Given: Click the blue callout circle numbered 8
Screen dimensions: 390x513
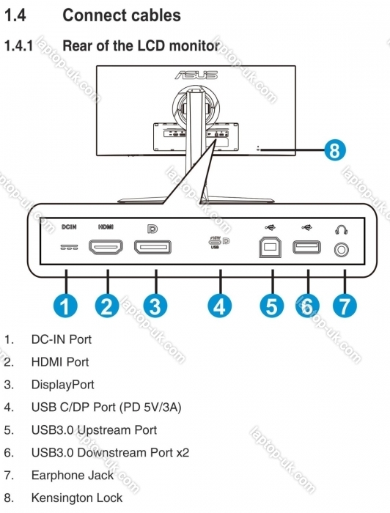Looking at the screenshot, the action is pos(335,150).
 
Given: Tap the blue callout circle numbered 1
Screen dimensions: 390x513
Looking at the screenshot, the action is pos(65,306).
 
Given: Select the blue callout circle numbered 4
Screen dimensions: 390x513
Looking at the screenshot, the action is pos(220,306).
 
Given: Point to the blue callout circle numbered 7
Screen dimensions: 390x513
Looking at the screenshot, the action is pos(345,306).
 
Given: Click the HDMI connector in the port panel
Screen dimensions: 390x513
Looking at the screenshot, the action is pos(106,247).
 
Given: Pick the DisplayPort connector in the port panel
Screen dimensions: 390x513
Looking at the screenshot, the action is pos(152,247).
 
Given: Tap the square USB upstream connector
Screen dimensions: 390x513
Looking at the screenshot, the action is pos(270,247).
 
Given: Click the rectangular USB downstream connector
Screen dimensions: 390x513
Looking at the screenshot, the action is pos(306,247).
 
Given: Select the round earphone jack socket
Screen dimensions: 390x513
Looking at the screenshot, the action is pos(342,250).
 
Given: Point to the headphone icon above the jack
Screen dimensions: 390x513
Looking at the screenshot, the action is pos(342,230).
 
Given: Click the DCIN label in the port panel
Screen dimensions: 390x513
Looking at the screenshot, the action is pos(69,226).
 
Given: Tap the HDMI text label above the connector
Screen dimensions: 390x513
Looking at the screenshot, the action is pos(106,226).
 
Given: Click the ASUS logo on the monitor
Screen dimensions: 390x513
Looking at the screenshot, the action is pos(196,75).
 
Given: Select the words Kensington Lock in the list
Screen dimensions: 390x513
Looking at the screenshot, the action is pos(77,498).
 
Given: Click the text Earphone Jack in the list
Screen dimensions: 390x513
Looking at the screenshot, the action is pos(73,475).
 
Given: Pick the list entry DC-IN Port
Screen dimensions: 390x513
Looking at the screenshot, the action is pos(62,339).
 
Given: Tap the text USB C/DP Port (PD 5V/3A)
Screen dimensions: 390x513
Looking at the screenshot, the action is pos(106,407).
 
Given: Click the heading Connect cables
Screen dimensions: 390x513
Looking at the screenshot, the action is pos(122,15).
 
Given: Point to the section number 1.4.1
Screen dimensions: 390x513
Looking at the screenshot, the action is pos(18,45).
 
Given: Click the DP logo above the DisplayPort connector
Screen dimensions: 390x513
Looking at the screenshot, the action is pos(152,229).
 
